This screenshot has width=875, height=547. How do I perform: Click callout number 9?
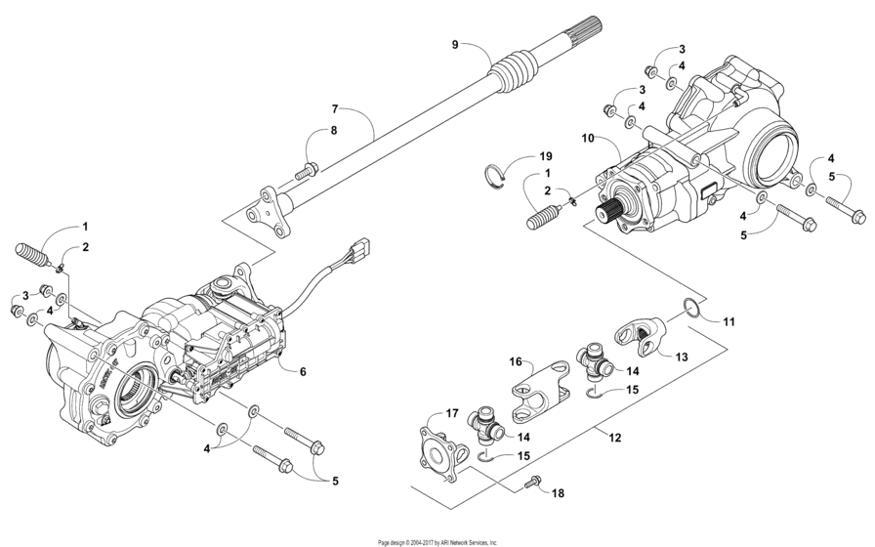pyautogui.click(x=454, y=44)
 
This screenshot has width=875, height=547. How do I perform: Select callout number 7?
pyautogui.click(x=334, y=108)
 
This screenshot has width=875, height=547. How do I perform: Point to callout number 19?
pyautogui.click(x=545, y=156)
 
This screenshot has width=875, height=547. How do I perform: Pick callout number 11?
pyautogui.click(x=729, y=320)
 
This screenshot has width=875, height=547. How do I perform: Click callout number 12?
pyautogui.click(x=615, y=439)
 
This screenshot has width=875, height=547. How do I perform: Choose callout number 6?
pyautogui.click(x=303, y=371)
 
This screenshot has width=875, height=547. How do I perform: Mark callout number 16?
pyautogui.click(x=513, y=361)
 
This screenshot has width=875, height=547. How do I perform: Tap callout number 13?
pyautogui.click(x=682, y=358)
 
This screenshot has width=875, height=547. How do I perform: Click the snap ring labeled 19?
pyautogui.click(x=498, y=175)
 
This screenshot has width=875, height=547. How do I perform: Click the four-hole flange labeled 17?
pyautogui.click(x=435, y=446)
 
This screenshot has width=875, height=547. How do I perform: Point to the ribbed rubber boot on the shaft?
pyautogui.click(x=513, y=76)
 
